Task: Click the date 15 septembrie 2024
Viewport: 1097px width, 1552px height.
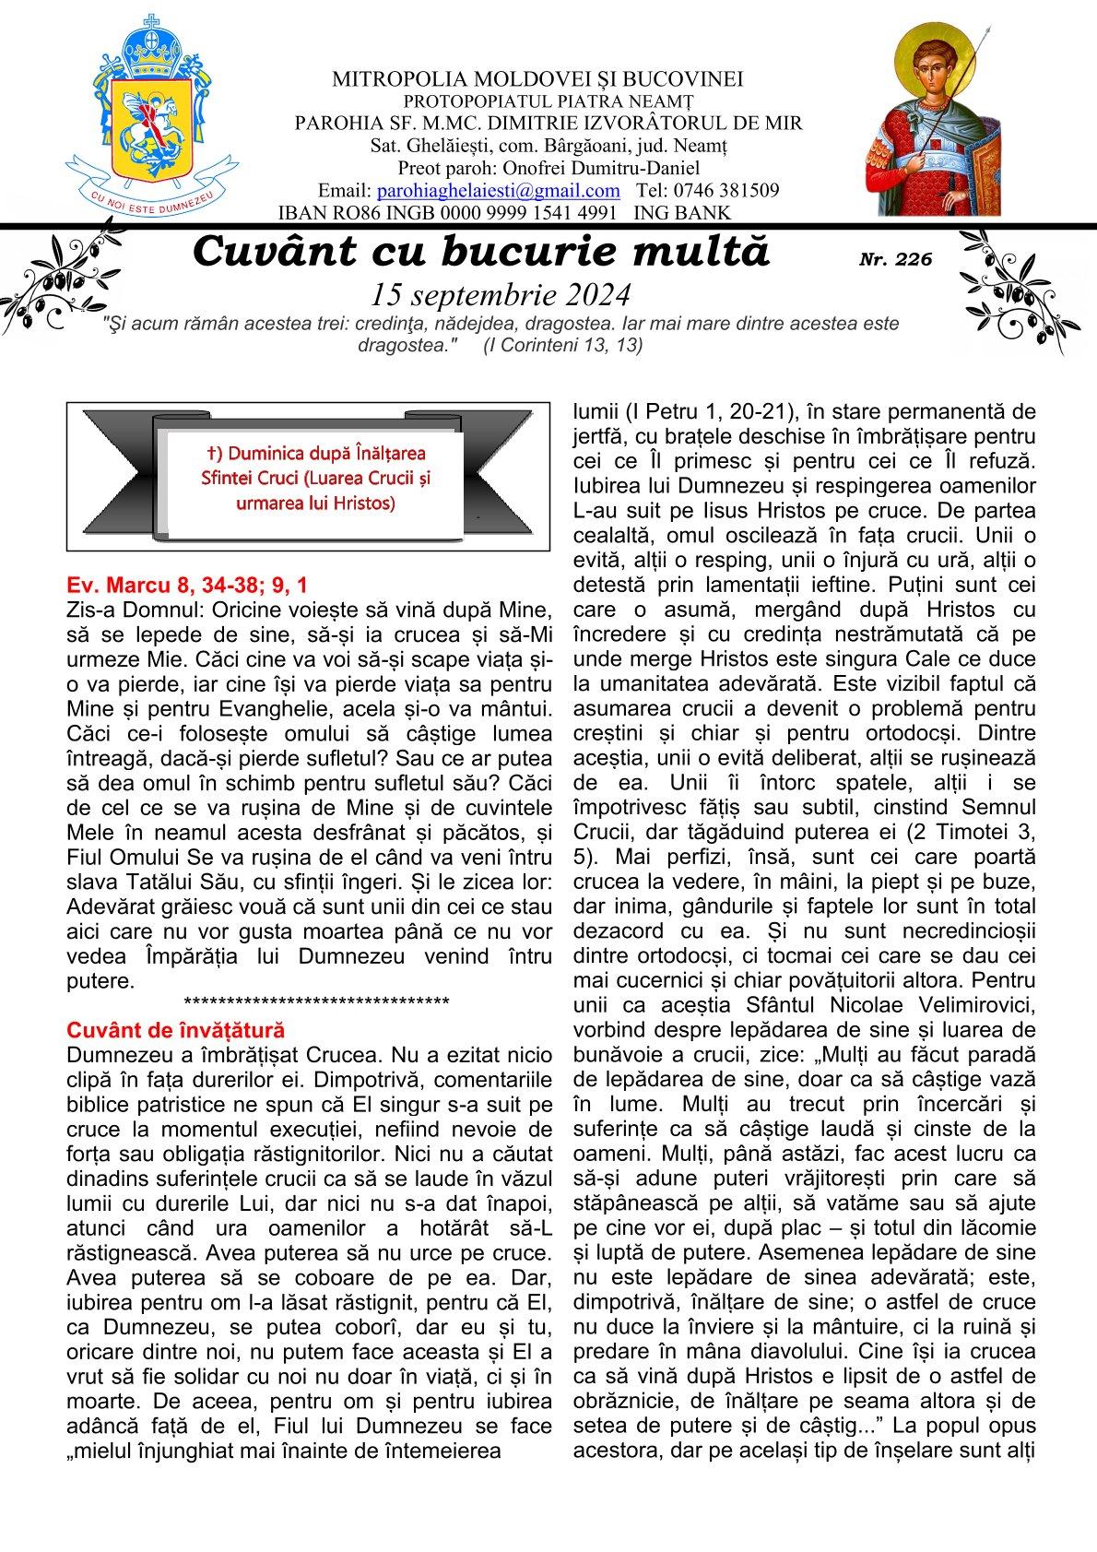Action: coord(501,294)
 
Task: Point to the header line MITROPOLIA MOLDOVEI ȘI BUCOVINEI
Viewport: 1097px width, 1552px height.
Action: coord(537,79)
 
